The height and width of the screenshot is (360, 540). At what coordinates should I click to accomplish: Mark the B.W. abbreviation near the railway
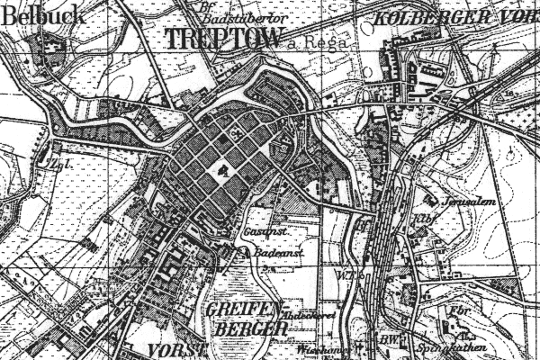pyautogui.click(x=389, y=339)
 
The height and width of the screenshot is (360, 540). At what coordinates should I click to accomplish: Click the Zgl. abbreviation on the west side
pyautogui.click(x=36, y=165)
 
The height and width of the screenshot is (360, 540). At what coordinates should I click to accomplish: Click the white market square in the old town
pyautogui.click(x=220, y=168)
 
